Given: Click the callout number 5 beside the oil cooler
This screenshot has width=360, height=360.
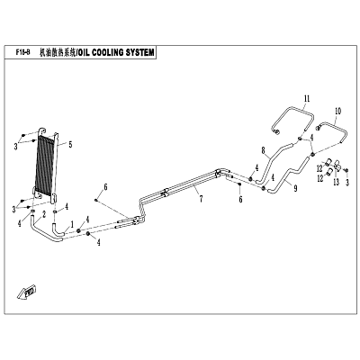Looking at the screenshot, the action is pyautogui.click(x=70, y=145).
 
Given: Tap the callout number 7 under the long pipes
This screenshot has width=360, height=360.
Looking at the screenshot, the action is pyautogui.click(x=202, y=198).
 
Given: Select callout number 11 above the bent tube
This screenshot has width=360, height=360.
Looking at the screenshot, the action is pyautogui.click(x=307, y=99).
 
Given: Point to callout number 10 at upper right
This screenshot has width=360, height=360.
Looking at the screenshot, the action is pyautogui.click(x=337, y=112).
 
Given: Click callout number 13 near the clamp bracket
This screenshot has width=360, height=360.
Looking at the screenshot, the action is pyautogui.click(x=336, y=182).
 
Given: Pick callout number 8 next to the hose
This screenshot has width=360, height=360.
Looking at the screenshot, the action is pyautogui.click(x=264, y=149).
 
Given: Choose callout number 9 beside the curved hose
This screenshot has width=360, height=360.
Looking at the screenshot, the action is pyautogui.click(x=295, y=188).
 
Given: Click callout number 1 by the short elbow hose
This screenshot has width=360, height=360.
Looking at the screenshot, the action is pyautogui.click(x=72, y=224).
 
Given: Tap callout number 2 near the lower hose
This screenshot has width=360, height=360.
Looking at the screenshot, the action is pyautogui.click(x=44, y=214).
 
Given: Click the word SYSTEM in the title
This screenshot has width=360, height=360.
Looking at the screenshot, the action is pyautogui.click(x=140, y=53).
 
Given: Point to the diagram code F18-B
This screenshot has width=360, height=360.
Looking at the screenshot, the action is pyautogui.click(x=22, y=53).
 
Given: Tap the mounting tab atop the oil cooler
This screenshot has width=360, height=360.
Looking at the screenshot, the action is pyautogui.click(x=42, y=131).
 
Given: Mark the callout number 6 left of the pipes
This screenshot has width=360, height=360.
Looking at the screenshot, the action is pyautogui.click(x=105, y=187).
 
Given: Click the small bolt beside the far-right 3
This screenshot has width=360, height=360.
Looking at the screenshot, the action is pyautogui.click(x=346, y=170).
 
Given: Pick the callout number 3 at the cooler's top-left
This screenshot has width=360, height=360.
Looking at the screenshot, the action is pyautogui.click(x=16, y=147).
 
